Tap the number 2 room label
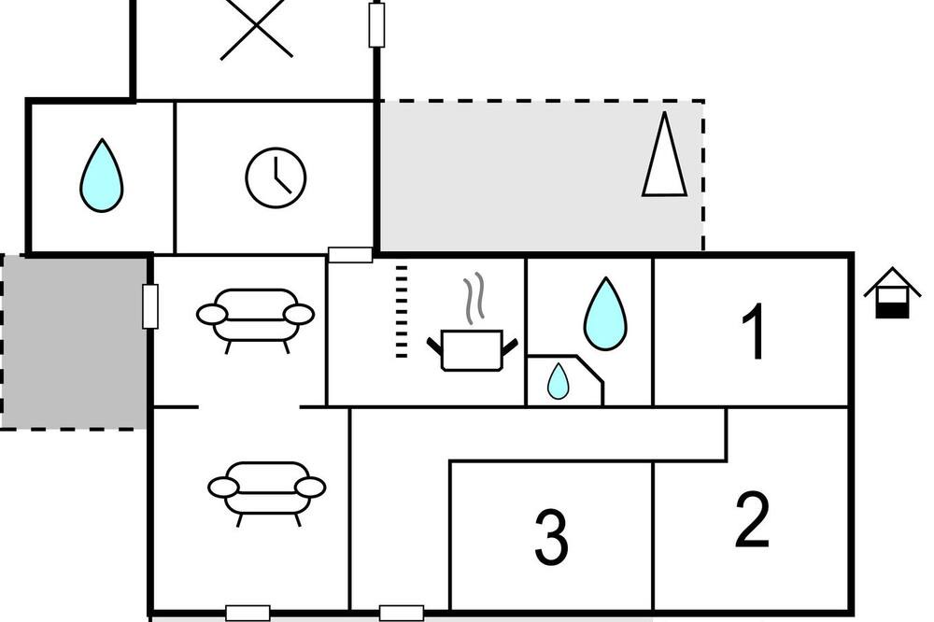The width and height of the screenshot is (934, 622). pyautogui.click(x=752, y=519)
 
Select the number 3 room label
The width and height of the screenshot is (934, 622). pyautogui.click(x=551, y=537)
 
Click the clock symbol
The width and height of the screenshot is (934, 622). pyautogui.click(x=276, y=177)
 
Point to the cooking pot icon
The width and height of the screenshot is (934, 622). pyautogui.click(x=473, y=350)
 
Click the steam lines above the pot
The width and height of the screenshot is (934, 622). pyautogui.click(x=474, y=299)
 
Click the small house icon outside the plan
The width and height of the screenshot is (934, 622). pyautogui.click(x=892, y=292)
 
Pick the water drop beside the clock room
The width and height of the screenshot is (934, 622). pyautogui.click(x=102, y=176)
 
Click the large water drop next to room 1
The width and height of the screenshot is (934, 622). pyautogui.click(x=605, y=314)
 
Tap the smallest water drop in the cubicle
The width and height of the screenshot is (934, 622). pyautogui.click(x=559, y=381)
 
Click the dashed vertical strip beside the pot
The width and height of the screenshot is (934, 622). pyautogui.click(x=402, y=312)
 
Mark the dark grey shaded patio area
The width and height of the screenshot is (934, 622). pyautogui.click(x=75, y=342)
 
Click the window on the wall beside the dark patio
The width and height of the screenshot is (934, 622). pyautogui.click(x=150, y=306)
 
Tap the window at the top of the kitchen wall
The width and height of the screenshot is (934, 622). pyautogui.click(x=350, y=255)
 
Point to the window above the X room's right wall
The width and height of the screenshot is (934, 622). pyautogui.click(x=376, y=24)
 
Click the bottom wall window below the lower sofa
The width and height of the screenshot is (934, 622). pyautogui.click(x=248, y=613)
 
